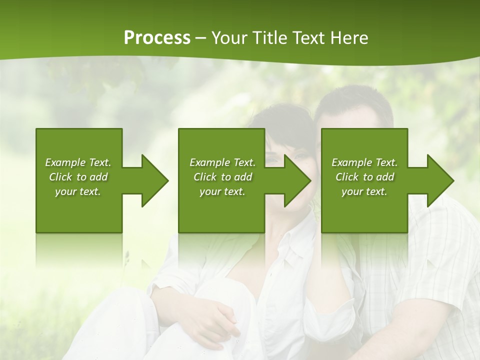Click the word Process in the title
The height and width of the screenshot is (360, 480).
click(x=157, y=38)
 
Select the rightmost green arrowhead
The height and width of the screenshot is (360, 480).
click(x=440, y=180)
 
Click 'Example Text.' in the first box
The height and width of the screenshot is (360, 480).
click(x=78, y=162)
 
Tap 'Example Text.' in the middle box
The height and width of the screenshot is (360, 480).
click(x=222, y=162)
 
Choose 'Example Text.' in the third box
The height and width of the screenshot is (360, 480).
click(x=364, y=162)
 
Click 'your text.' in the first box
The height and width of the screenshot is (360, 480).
click(x=78, y=191)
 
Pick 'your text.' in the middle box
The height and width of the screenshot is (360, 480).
click(x=222, y=191)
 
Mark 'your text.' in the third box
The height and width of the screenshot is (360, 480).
click(x=364, y=191)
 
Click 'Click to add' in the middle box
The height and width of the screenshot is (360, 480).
click(x=222, y=177)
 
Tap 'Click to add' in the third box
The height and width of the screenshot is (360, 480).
click(x=364, y=177)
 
